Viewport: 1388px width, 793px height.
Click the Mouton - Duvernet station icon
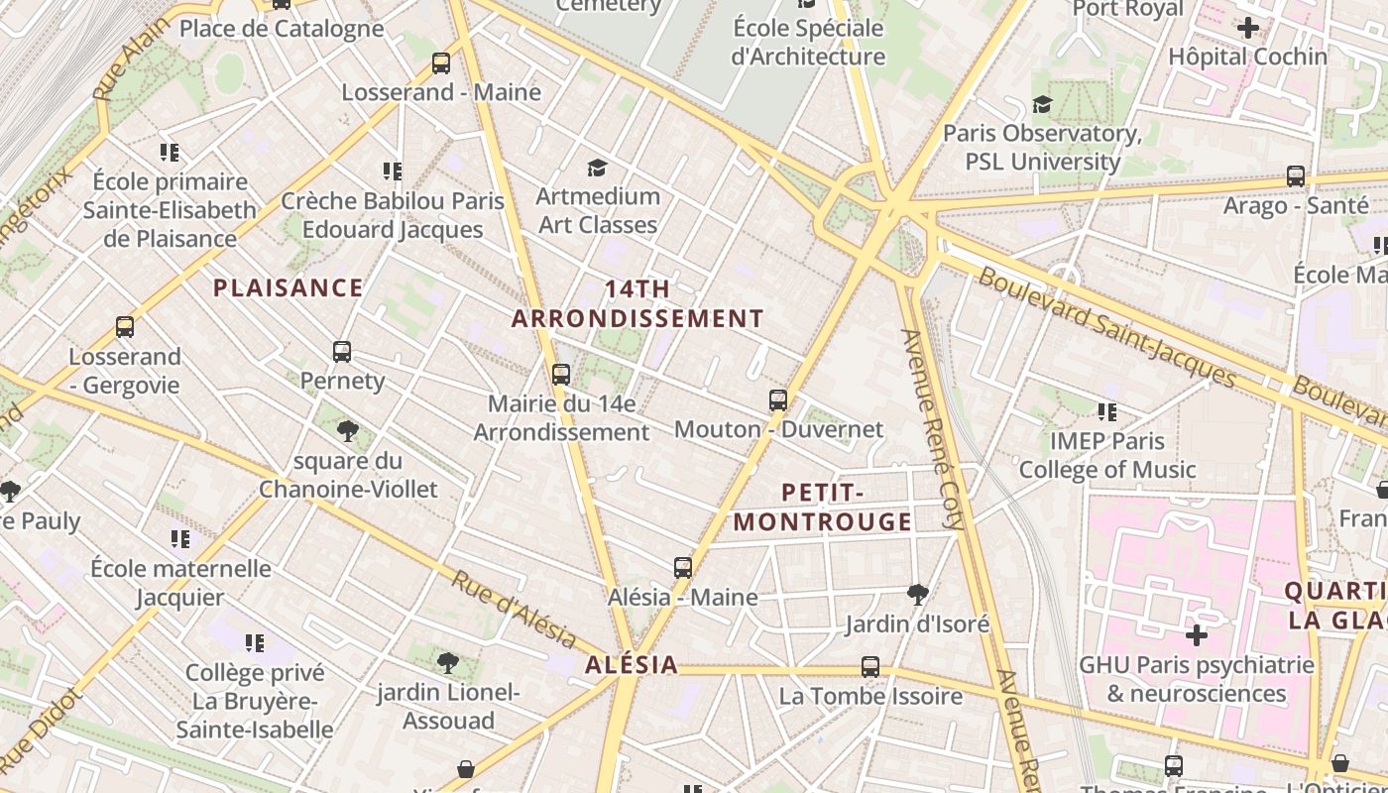778,400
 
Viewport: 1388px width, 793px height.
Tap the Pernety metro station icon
342,352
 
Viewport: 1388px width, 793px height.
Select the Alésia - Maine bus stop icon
683,568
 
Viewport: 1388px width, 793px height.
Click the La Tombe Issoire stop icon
870,667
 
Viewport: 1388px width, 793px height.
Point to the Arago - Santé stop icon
1296,176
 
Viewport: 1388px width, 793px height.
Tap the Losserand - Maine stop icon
441,64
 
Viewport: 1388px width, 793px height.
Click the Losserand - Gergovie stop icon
125,327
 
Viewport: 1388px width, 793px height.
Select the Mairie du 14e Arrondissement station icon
561,375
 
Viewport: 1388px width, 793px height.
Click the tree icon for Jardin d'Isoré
918,595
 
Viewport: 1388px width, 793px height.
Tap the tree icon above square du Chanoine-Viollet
347,431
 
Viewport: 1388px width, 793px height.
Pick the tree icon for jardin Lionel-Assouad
448,662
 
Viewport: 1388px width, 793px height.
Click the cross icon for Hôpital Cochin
1248,28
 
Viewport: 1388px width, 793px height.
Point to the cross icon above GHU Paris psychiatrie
1197,634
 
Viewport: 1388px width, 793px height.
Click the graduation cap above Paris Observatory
1042,104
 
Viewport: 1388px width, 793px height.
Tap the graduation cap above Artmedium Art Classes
597,168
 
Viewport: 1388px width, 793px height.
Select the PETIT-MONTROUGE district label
823,508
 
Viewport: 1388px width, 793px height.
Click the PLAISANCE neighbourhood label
289,288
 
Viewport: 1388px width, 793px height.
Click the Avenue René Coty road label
933,428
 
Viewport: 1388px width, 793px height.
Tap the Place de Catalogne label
282,29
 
